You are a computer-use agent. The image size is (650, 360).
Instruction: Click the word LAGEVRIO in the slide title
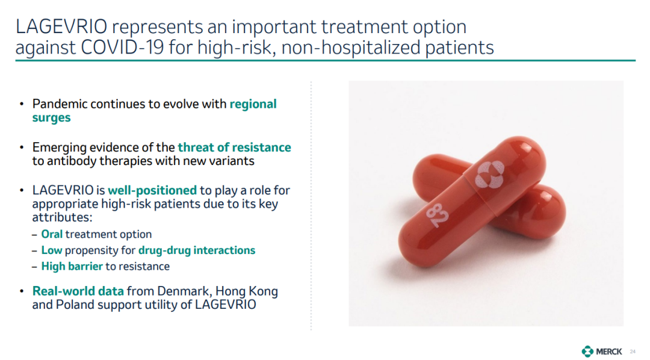pos(61,27)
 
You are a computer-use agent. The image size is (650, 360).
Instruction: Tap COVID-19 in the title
pos(122,48)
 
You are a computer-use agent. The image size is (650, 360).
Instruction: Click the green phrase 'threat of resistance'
pos(234,147)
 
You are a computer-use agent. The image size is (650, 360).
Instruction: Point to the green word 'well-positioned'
pos(152,190)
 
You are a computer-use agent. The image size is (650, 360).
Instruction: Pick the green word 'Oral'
pos(52,234)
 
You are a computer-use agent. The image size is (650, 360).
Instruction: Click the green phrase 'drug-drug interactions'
pos(196,250)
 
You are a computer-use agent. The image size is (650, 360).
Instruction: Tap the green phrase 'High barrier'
pos(72,266)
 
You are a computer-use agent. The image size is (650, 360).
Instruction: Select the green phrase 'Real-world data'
pos(78,291)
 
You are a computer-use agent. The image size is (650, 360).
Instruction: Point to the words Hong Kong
pos(247,291)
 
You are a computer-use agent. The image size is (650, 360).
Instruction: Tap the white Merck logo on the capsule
pos(489,174)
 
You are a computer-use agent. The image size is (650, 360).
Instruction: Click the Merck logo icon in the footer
pos(587,352)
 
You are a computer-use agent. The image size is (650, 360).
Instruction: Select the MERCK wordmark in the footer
pos(609,352)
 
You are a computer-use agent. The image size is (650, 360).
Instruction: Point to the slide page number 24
pos(633,352)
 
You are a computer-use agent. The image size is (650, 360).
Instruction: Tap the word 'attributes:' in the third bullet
pos(62,217)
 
